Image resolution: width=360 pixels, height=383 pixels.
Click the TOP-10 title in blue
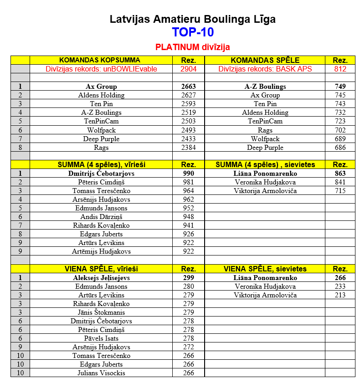pyautogui.click(x=192, y=32)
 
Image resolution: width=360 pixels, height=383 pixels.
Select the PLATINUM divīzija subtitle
pyautogui.click(x=192, y=47)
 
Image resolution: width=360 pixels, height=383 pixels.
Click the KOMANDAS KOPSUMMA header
pyautogui.click(x=100, y=60)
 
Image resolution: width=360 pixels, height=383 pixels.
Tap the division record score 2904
pyautogui.click(x=188, y=69)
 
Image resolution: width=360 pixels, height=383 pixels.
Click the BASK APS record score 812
pyautogui.click(x=340, y=69)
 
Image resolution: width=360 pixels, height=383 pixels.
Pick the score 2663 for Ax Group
pyautogui.click(x=188, y=87)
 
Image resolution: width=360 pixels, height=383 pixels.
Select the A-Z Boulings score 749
pyautogui.click(x=340, y=87)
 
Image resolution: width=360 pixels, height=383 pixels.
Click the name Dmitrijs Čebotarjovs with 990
pyautogui.click(x=101, y=174)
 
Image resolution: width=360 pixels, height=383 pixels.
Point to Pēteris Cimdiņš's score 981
pyautogui.click(x=188, y=182)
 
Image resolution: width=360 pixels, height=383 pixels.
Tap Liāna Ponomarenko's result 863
pyautogui.click(x=340, y=174)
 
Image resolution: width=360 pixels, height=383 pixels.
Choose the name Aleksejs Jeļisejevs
pyautogui.click(x=101, y=278)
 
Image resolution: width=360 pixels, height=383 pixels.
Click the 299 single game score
pyautogui.click(x=188, y=278)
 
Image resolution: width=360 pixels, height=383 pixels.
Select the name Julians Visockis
pyautogui.click(x=101, y=373)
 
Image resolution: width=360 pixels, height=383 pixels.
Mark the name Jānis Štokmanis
pyautogui.click(x=101, y=312)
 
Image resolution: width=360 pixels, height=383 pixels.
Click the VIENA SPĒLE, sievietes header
pyautogui.click(x=265, y=269)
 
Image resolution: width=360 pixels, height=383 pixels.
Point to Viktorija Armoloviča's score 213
pyautogui.click(x=340, y=295)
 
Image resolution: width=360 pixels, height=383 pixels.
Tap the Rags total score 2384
pyautogui.click(x=188, y=148)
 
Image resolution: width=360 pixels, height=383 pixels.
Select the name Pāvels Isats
pyautogui.click(x=101, y=338)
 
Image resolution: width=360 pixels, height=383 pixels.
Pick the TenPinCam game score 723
pyautogui.click(x=340, y=121)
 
